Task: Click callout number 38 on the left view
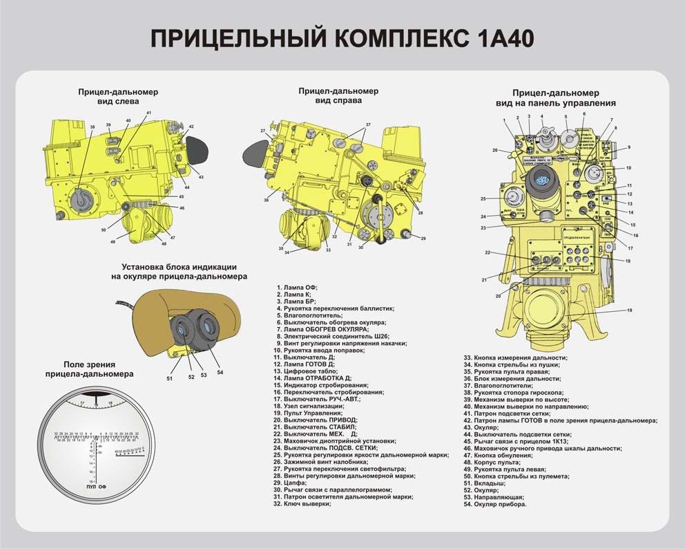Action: point(93,127)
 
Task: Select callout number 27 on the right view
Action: point(263,131)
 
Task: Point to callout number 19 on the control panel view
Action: point(629,310)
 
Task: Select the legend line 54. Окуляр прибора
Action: point(494,504)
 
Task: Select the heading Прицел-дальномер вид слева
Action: point(117,96)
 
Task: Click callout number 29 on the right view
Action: point(423,239)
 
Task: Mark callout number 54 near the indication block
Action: point(220,372)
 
